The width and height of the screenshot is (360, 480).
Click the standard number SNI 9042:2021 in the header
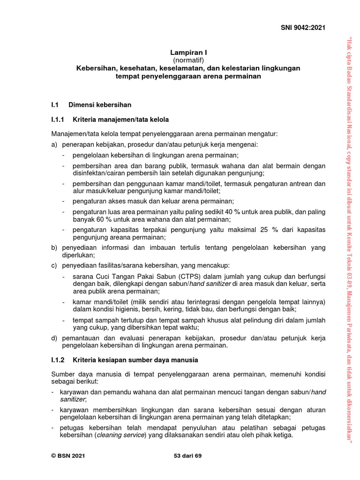pyautogui.click(x=303, y=28)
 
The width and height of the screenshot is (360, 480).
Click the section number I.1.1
pyautogui.click(x=60, y=120)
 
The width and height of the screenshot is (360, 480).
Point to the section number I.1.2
pyautogui.click(x=60, y=360)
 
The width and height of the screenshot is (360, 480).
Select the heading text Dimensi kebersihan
pyautogui.click(x=100, y=105)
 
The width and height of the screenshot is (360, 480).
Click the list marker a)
pyautogui.click(x=54, y=145)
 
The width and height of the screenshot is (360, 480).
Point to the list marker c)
pyautogui.click(x=54, y=266)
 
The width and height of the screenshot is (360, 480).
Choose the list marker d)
pyautogui.click(x=54, y=338)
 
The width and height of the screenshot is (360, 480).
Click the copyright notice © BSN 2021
pyautogui.click(x=68, y=456)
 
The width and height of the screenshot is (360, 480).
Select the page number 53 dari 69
pyautogui.click(x=187, y=456)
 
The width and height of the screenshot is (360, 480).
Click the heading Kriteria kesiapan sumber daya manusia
pyautogui.click(x=135, y=360)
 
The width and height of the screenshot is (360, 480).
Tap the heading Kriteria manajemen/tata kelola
pyautogui.click(x=121, y=120)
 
